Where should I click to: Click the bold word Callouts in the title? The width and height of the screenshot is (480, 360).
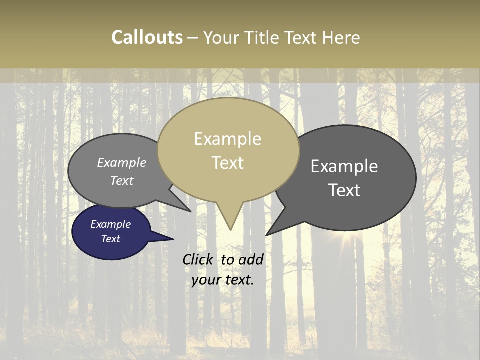pos(147,37)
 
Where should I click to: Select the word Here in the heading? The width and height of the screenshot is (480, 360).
pos(341,38)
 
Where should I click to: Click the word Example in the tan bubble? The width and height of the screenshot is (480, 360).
pos(227,139)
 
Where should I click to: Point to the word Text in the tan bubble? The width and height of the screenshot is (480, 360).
pos(228,163)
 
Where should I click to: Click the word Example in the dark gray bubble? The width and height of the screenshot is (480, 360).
pos(344,166)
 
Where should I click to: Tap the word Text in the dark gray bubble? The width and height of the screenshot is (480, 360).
pos(344,190)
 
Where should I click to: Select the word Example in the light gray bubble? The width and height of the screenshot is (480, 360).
pos(122,162)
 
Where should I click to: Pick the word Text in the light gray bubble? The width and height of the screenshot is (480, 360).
pos(122,180)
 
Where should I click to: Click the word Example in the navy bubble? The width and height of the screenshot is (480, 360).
pos(110,224)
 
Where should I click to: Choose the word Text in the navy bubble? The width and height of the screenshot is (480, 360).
pos(110,239)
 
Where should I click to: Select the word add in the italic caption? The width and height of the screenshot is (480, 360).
pos(251,259)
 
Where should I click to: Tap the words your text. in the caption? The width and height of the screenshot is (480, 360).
pos(223,280)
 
